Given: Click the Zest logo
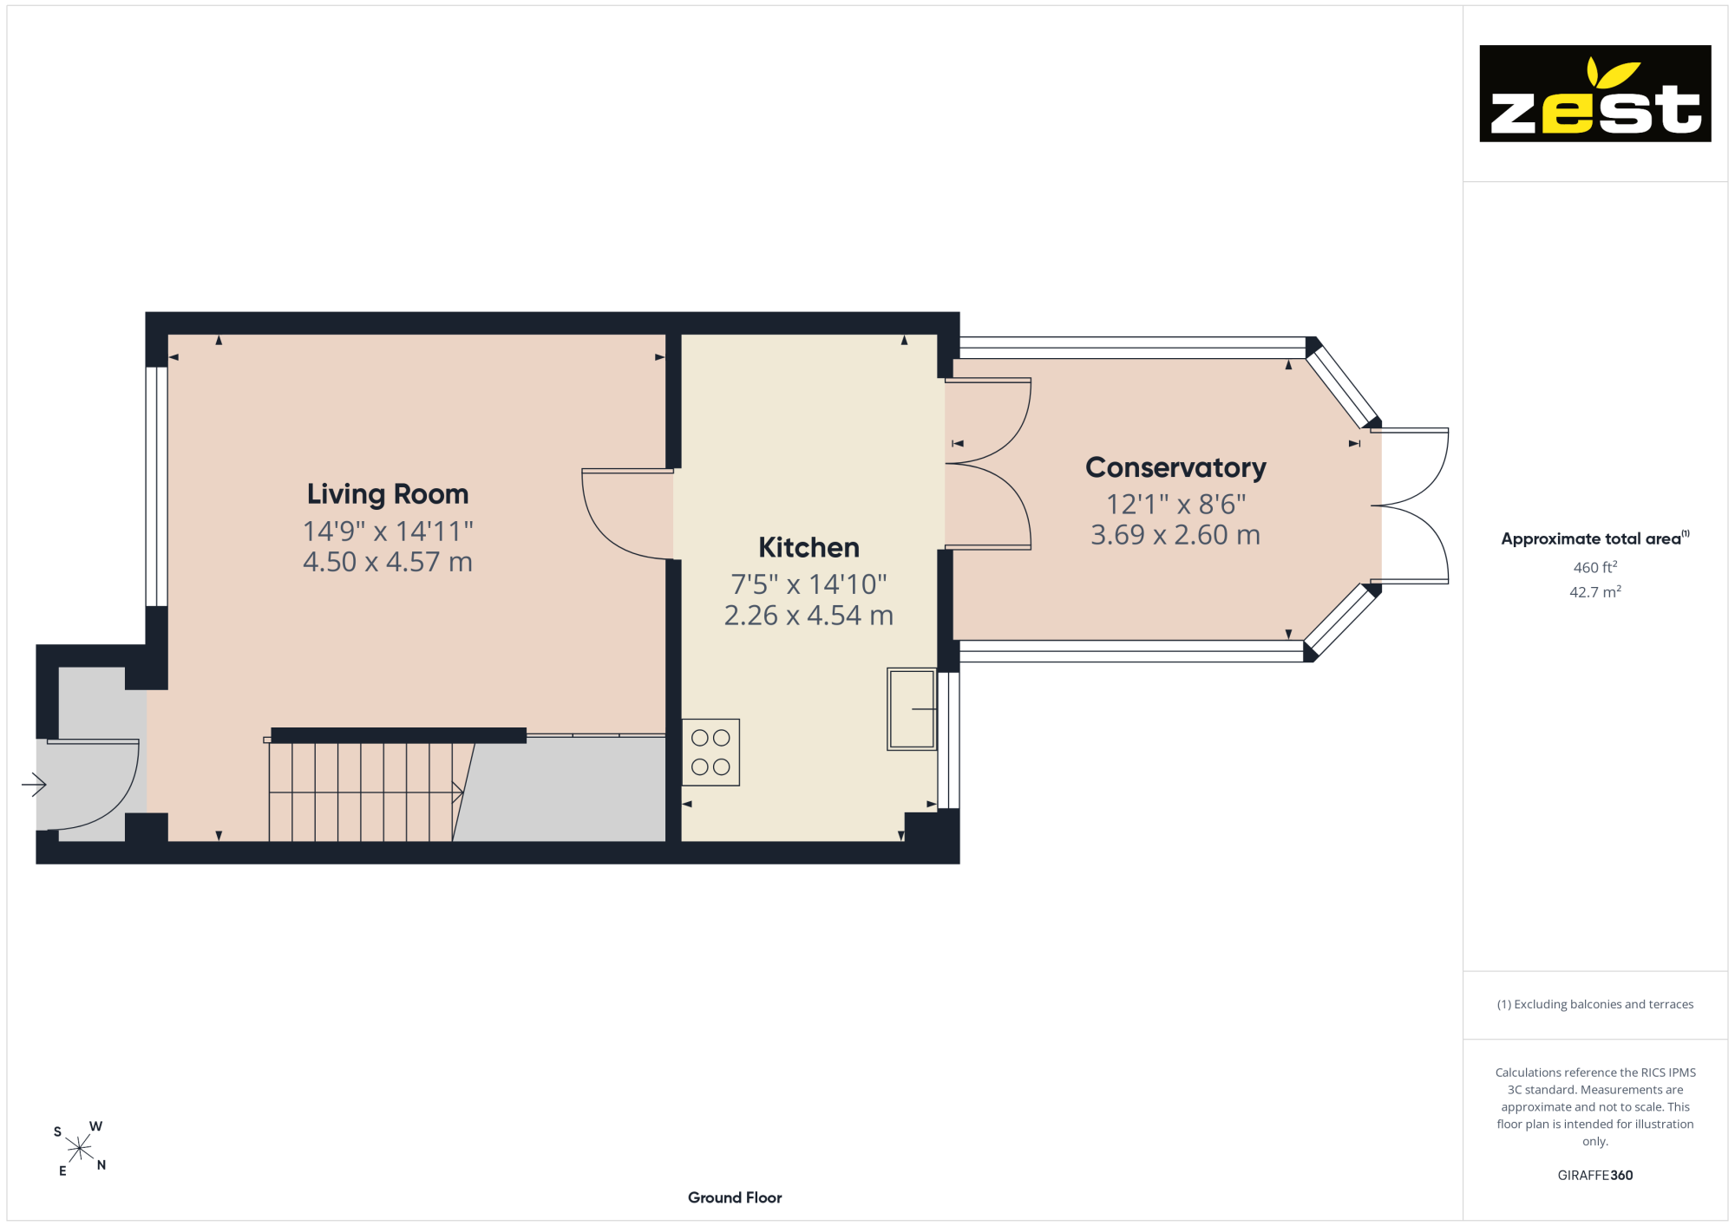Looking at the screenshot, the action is point(1594,94).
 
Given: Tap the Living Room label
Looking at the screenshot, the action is point(388,494).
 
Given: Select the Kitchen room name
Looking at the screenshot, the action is point(809,547).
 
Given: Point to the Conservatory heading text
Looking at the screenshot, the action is point(1175,468).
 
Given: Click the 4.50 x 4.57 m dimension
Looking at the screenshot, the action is point(388,562).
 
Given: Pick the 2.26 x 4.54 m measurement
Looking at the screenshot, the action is point(809,616).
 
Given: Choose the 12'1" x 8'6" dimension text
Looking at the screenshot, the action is point(1175,504).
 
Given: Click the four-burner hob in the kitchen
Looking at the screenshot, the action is point(710,753).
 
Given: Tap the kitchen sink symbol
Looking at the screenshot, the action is point(912,709).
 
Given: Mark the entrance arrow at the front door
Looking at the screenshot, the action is point(34,785).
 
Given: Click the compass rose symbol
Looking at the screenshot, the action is point(79,1149).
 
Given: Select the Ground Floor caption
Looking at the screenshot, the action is point(735,1197).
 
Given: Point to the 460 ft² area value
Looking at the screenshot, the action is point(1595,567).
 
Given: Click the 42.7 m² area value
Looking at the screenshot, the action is point(1595,592).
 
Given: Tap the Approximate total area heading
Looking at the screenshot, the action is point(1595,538).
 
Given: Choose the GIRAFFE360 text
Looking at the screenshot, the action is point(1595,1176).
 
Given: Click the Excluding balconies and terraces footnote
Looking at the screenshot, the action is point(1595,1004).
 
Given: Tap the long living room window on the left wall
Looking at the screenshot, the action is point(156,486).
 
